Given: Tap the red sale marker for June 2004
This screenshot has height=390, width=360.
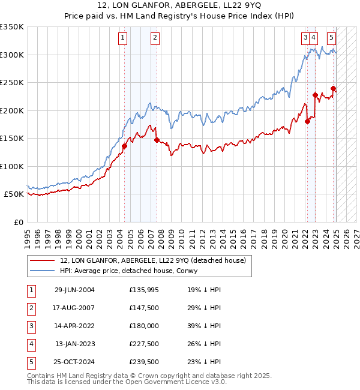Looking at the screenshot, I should (x=125, y=146).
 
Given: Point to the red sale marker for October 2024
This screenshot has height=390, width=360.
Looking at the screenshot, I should (x=334, y=89).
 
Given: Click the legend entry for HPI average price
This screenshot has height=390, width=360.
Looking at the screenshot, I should (x=133, y=271).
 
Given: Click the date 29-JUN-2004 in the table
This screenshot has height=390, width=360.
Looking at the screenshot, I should (x=74, y=290).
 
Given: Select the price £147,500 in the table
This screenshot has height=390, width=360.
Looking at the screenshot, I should (x=143, y=308).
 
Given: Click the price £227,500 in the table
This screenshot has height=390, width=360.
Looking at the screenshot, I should (x=143, y=344).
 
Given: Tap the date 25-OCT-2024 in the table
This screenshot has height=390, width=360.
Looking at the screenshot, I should (x=74, y=362).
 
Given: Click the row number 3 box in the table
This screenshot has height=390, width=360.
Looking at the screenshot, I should (x=30, y=326).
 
